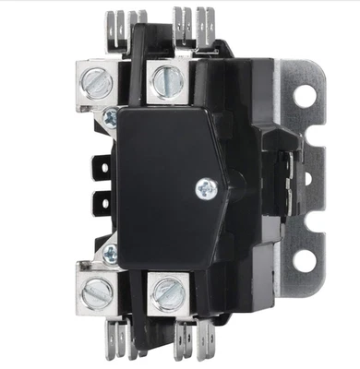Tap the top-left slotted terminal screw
[96, 84]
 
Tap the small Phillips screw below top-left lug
[110, 115]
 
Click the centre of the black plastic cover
[175, 184]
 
